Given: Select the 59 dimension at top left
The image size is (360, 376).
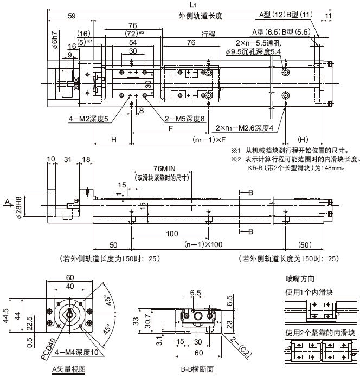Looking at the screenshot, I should pyautogui.click(x=71, y=16).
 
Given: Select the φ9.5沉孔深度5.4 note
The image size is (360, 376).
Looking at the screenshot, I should pyautogui.click(x=253, y=51).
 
